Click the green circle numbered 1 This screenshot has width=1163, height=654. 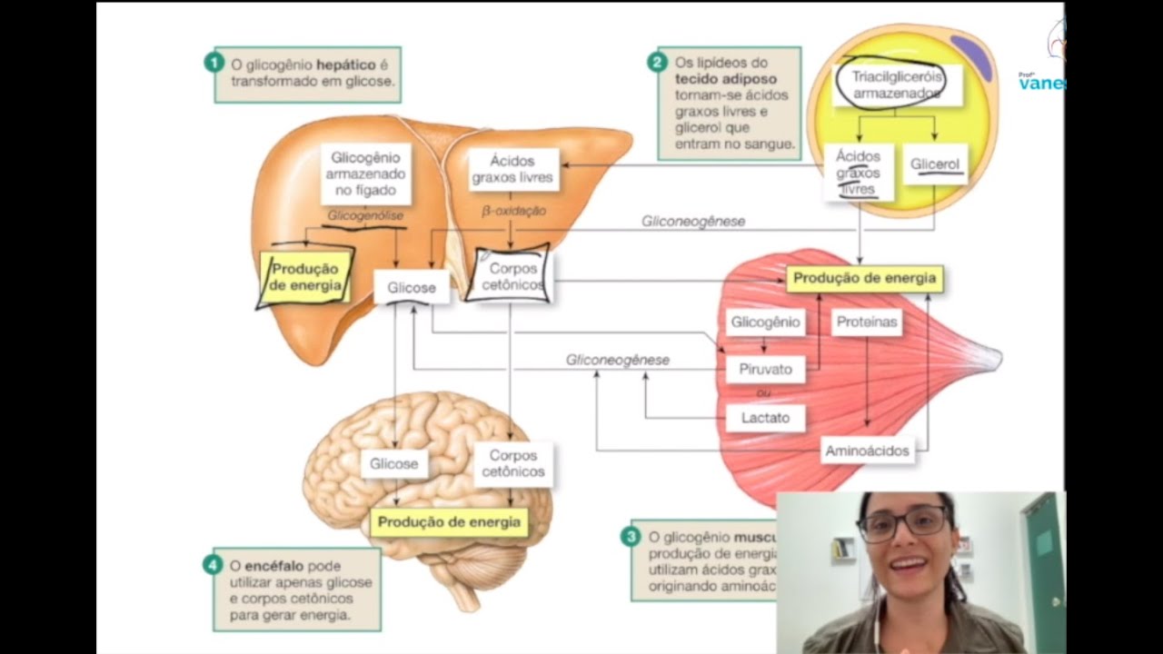point(213,63)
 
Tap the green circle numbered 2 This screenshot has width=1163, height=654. point(657,62)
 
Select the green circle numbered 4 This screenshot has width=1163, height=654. point(213,564)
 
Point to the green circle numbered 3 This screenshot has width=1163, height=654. point(631,537)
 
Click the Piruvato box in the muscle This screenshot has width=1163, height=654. point(765,370)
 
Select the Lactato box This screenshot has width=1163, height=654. point(765,418)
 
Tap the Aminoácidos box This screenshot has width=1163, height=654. point(866,451)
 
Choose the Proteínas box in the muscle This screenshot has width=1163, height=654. point(865,322)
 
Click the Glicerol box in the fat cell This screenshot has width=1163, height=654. point(935,164)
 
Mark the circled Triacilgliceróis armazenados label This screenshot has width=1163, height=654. point(890,84)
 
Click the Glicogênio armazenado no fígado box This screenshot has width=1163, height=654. point(365,173)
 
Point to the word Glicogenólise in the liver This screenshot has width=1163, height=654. point(365,216)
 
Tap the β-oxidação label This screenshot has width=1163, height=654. point(513,211)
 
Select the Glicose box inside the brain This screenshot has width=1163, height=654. point(393,463)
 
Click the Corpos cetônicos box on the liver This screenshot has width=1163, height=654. point(512,276)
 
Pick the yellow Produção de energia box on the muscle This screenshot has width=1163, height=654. point(863,278)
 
